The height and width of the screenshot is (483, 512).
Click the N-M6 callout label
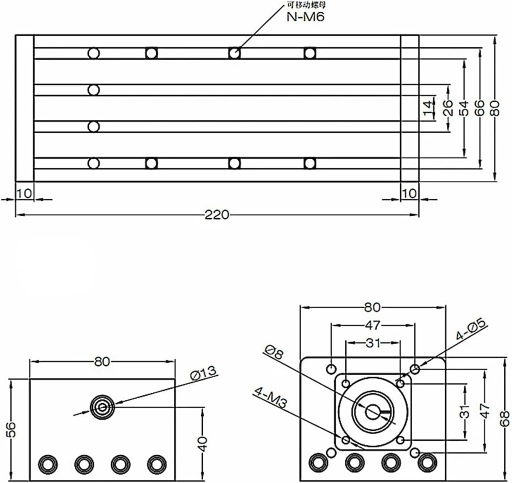click(x=305, y=17)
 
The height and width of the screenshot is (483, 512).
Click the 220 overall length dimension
click(x=216, y=215)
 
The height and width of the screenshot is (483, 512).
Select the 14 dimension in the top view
click(x=428, y=108)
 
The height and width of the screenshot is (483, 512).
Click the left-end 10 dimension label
click(x=24, y=193)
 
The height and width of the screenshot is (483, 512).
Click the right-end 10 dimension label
click(x=409, y=193)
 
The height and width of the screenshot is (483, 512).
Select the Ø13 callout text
click(x=203, y=373)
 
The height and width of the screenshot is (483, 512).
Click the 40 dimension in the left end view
click(x=202, y=444)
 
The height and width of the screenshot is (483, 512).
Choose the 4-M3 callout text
click(x=270, y=397)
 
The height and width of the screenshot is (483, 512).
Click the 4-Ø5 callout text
click(x=471, y=329)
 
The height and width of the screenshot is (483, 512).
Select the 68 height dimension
click(x=505, y=418)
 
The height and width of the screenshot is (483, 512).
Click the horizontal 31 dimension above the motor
click(x=372, y=342)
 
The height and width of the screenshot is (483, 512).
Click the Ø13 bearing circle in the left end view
click(x=102, y=406)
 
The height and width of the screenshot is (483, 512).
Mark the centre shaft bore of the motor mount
click(x=372, y=411)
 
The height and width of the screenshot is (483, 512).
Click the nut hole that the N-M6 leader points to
click(x=234, y=53)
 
